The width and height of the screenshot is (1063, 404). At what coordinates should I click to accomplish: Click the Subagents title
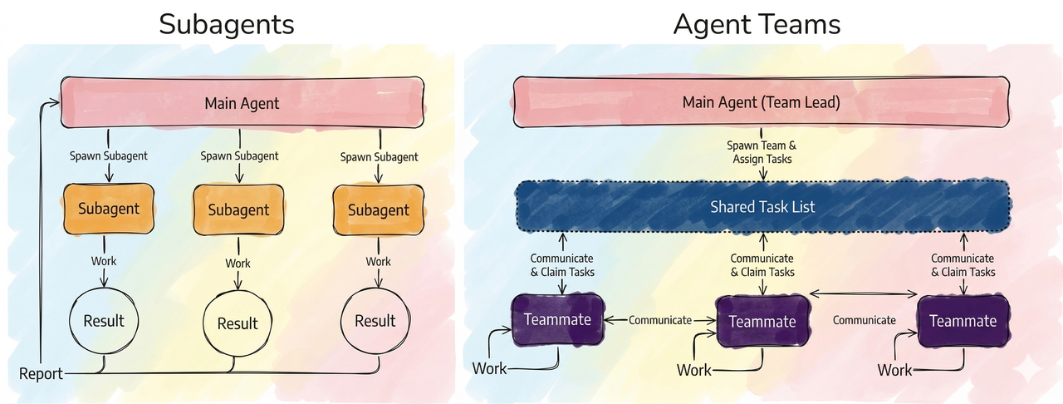(x=227, y=24)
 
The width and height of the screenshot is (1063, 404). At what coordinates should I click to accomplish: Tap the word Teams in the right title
(x=798, y=24)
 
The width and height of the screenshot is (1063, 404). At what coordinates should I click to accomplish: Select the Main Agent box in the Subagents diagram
(x=242, y=104)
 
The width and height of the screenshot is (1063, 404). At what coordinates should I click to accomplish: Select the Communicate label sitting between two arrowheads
(x=659, y=320)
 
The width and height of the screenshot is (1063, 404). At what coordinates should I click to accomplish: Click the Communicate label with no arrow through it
(x=864, y=320)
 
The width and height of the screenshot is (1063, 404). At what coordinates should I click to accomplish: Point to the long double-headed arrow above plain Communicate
(x=863, y=293)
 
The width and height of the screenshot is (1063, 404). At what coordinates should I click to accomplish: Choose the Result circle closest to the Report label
(x=104, y=320)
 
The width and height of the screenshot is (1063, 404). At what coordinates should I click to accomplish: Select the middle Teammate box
(x=762, y=321)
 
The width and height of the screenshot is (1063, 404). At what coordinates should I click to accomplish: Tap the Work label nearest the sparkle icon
(x=894, y=370)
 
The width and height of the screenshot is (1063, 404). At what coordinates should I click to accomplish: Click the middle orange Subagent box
(x=238, y=209)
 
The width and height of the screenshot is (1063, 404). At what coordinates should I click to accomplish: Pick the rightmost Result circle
(x=375, y=320)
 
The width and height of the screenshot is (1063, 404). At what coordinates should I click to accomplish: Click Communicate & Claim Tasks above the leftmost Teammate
(x=563, y=265)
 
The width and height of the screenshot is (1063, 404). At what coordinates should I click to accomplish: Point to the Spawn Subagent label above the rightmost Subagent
(x=380, y=156)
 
